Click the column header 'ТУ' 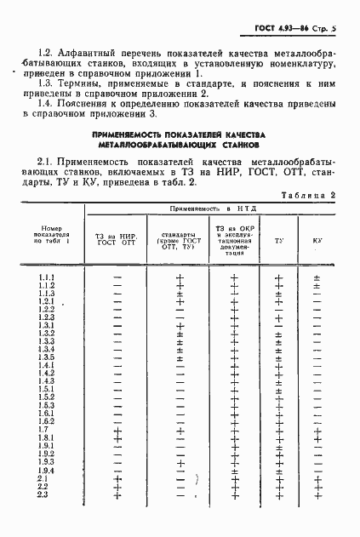pyautogui.click(x=279, y=241)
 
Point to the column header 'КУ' pyautogui.click(x=317, y=241)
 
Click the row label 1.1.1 pyautogui.click(x=46, y=277)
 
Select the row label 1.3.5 pyautogui.click(x=46, y=357)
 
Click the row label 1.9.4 pyautogui.click(x=46, y=471)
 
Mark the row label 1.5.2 pyautogui.click(x=46, y=397)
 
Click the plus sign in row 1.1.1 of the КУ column pyautogui.click(x=317, y=277)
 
